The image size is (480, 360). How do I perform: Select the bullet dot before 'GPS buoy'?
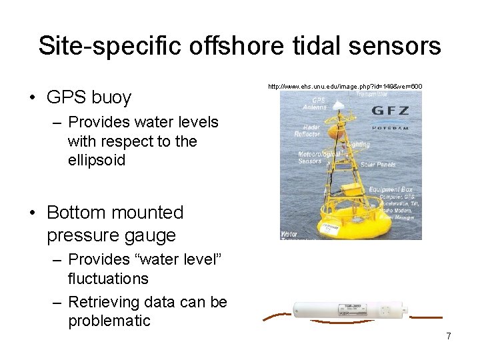pos(32,97)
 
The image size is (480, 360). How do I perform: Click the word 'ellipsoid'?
pos(96,161)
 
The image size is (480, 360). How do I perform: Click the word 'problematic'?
pos(109,321)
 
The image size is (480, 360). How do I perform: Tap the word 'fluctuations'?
pos(108,278)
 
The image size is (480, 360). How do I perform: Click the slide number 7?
pos(449,336)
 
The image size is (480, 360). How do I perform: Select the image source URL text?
pos(345,87)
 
